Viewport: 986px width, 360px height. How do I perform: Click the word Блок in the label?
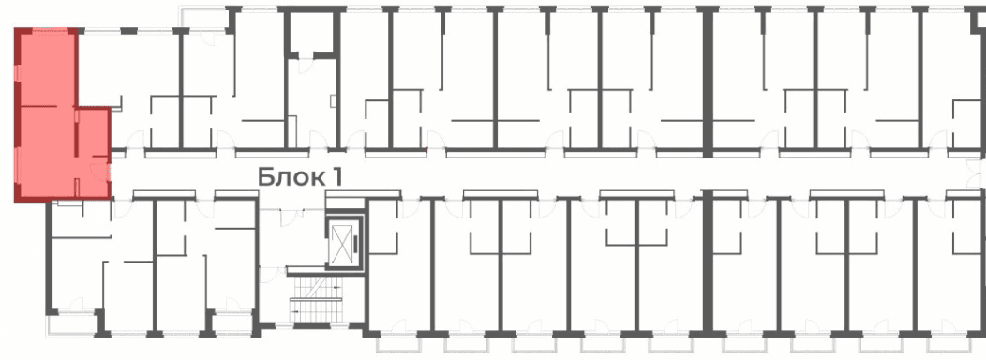click(291, 177)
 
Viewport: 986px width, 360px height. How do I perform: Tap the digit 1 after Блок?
click(336, 177)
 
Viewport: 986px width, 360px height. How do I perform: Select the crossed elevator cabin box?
click(342, 242)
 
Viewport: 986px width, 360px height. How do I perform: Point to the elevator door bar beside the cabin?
click(356, 242)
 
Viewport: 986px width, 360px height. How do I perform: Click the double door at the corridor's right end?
click(977, 173)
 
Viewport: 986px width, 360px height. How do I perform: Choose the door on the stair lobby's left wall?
click(266, 274)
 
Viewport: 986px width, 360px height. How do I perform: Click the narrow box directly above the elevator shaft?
click(345, 202)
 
